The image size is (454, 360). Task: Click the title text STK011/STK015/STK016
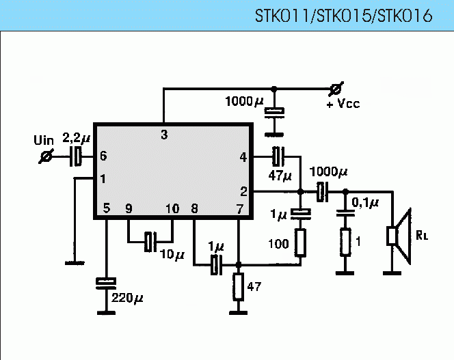(343, 16)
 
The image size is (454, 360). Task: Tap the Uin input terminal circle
(46, 157)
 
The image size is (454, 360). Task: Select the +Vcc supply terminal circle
(335, 89)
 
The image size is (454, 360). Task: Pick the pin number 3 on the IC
(163, 135)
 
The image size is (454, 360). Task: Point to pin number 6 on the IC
(103, 156)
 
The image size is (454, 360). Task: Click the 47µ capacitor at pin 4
(277, 156)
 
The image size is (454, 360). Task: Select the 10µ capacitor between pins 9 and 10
(150, 240)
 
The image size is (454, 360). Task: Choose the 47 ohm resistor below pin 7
(238, 287)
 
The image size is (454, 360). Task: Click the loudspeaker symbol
(398, 236)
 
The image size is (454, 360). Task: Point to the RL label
(422, 236)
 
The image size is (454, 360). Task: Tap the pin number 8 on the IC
(195, 209)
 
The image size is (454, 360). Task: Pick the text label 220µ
(128, 299)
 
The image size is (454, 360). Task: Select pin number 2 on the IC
(243, 191)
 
